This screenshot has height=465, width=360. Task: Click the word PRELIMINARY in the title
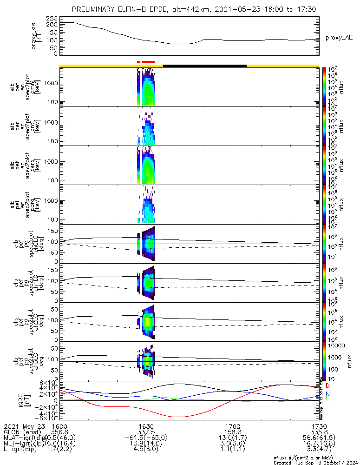pos(96,9)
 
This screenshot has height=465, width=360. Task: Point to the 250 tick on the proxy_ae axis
pos(52,18)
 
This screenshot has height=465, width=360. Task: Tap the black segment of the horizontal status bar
pos(204,66)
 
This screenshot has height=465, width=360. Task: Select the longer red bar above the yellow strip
pos(148,62)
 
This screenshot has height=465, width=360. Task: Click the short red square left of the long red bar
pos(138,62)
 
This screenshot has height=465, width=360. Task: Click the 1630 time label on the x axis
pos(146,426)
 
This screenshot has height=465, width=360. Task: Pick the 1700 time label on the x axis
pos(232,426)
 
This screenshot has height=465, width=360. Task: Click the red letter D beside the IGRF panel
pos(327,386)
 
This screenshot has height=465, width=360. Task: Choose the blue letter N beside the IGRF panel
pos(327,393)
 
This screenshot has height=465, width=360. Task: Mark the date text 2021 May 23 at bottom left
pos(23,426)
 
